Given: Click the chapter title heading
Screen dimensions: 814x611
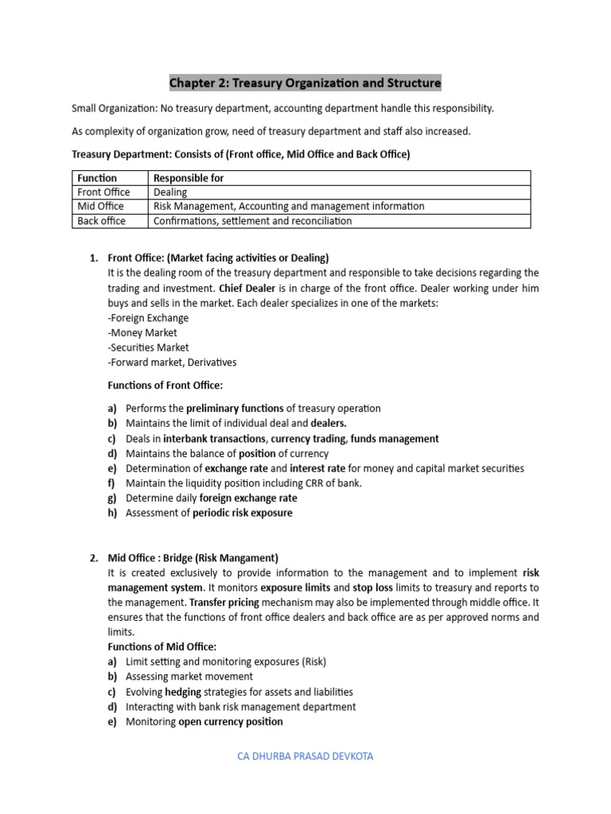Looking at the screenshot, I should point(305,83).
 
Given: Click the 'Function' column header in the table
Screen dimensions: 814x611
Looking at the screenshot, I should point(96,178).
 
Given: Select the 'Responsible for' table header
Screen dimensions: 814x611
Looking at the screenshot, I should point(188,178).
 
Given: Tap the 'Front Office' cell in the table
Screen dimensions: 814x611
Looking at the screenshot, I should point(103,192).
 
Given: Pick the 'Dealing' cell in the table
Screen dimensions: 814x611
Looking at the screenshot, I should point(170,192).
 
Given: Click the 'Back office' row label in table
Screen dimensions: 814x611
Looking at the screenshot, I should point(101,221).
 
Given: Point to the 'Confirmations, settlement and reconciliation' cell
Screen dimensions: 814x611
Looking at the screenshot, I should point(252,221).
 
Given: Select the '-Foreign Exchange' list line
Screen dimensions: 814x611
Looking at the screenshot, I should point(148,318).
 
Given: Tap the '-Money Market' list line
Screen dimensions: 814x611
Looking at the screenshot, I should point(142,333).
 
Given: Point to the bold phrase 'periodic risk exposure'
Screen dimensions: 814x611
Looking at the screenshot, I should point(243,513).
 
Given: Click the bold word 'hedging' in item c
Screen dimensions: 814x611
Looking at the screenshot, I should point(183,692).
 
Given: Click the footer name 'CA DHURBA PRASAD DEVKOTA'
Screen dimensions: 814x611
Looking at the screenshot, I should point(305,756).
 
